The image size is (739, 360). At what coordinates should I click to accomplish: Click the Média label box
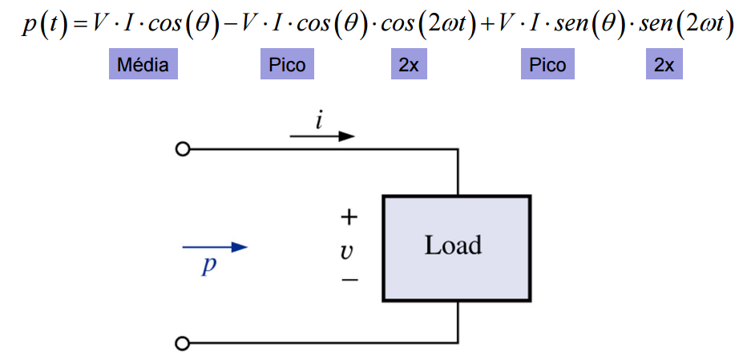[x=143, y=65]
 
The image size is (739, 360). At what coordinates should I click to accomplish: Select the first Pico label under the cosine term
[x=287, y=65]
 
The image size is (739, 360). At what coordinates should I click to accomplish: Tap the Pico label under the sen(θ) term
[x=547, y=65]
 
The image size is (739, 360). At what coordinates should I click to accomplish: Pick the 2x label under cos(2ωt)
[x=409, y=65]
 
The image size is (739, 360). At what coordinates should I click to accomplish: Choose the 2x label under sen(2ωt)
[x=664, y=65]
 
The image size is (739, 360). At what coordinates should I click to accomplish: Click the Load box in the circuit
[x=456, y=247]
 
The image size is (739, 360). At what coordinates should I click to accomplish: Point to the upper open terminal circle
[x=183, y=149]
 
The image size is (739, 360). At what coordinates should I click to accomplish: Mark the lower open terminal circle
[x=183, y=344]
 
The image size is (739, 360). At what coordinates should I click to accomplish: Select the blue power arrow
[x=216, y=247]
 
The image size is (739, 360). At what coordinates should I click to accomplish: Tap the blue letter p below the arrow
[x=209, y=267]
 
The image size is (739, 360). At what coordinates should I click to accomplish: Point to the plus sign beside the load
[x=349, y=217]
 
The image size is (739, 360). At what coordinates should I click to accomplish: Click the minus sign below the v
[x=349, y=280]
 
